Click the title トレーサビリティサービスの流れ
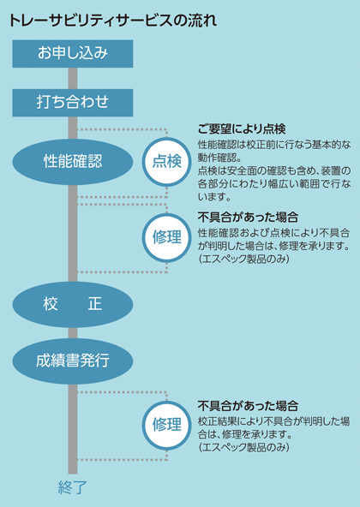(x=113, y=21)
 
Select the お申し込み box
(x=73, y=54)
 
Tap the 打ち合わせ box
(x=73, y=103)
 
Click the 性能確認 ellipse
(x=73, y=162)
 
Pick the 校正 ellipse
(x=73, y=305)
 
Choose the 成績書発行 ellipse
(x=73, y=361)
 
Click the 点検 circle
(x=167, y=162)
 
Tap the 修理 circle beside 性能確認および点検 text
(x=167, y=238)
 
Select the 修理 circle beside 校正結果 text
(x=167, y=426)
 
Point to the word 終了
(x=73, y=487)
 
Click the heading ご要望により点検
(x=242, y=129)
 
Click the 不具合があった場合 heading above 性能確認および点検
(x=248, y=218)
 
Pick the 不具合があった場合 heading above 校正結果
(x=248, y=405)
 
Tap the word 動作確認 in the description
(x=216, y=157)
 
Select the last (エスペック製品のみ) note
(x=243, y=447)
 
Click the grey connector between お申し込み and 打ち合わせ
(x=73, y=78)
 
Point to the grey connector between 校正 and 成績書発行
(x=73, y=333)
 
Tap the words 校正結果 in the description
(x=216, y=421)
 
